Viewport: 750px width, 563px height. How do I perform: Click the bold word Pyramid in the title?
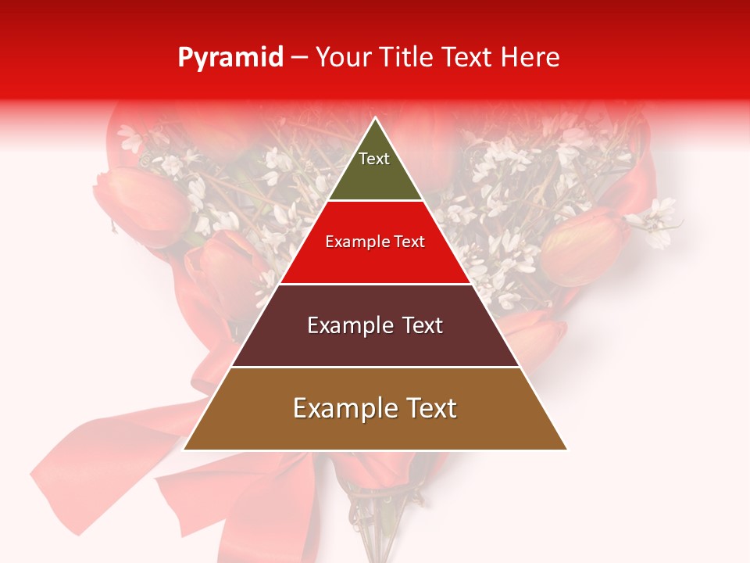click(x=230, y=58)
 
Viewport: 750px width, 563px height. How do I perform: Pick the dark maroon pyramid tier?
click(x=375, y=344)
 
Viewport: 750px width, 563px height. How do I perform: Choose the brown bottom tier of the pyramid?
click(x=375, y=430)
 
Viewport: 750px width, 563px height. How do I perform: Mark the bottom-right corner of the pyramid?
click(x=566, y=449)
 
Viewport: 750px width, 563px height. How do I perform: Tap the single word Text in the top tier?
click(x=373, y=159)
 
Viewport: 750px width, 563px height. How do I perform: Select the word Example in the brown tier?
click(x=345, y=408)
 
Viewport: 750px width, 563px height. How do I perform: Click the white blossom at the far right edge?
click(x=656, y=219)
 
